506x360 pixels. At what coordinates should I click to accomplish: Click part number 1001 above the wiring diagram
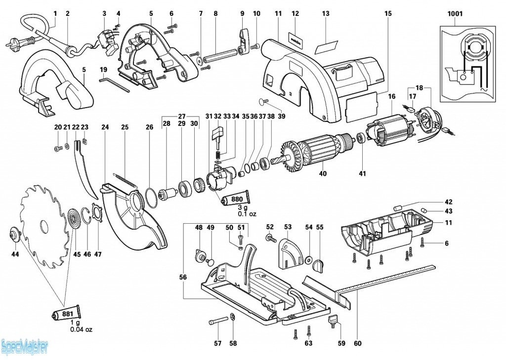[455, 14]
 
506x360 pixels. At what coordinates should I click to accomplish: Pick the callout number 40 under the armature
[323, 173]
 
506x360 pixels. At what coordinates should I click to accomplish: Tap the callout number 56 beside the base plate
[183, 278]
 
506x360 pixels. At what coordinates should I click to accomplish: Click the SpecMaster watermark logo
[24, 347]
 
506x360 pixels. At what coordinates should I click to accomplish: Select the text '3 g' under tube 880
[239, 208]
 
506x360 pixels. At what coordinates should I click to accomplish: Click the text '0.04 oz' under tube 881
[81, 329]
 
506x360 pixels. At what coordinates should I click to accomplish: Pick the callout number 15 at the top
[388, 13]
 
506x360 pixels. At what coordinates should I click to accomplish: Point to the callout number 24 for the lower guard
[105, 127]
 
